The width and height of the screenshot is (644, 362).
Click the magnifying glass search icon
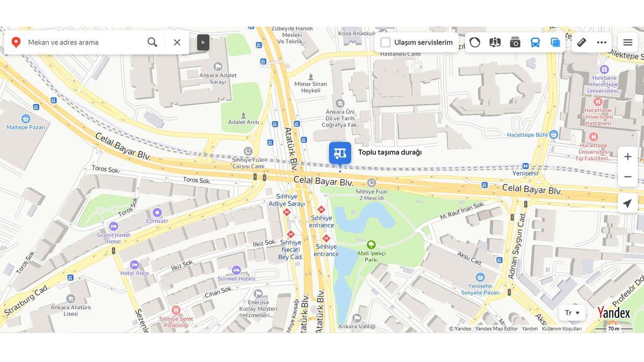point(152,42)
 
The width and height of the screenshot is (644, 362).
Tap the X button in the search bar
point(177,42)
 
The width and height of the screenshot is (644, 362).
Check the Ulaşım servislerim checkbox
point(385,42)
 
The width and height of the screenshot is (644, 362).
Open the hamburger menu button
point(627,42)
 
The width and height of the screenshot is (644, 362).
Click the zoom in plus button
point(627,157)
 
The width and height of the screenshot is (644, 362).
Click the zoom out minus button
point(627,177)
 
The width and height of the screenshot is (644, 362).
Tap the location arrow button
point(627,203)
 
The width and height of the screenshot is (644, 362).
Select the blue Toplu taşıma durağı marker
point(340,153)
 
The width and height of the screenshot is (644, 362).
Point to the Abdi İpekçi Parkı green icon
point(371,244)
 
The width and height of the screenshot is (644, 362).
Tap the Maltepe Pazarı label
point(25,127)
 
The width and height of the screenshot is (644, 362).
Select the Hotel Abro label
point(134,272)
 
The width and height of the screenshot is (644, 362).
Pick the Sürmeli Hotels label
point(236,278)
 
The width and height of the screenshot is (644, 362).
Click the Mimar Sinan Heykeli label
point(310,87)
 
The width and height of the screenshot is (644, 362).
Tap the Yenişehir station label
point(525,173)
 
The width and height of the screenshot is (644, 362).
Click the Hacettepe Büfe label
point(528,135)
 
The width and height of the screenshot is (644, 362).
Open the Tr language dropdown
point(572,313)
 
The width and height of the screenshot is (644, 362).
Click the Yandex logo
point(614,313)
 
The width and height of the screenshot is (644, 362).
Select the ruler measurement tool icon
point(581,42)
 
